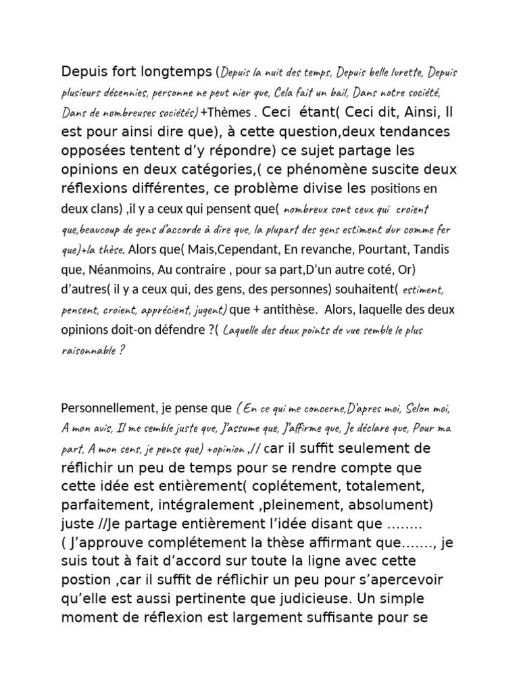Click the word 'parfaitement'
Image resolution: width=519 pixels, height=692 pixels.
pyautogui.click(x=101, y=504)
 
